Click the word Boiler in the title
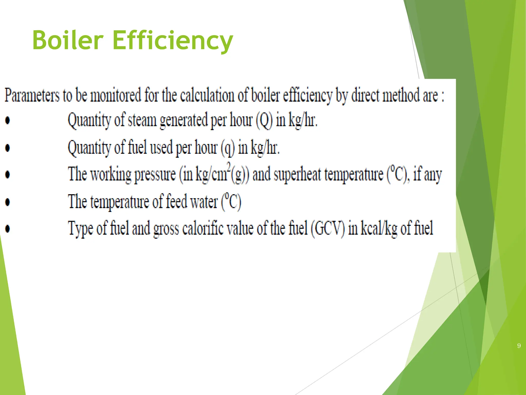(68, 40)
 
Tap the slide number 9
(519, 346)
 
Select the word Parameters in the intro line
(32, 95)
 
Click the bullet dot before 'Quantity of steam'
(8, 120)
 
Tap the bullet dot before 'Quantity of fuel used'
(8, 148)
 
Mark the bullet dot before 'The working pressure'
(8, 175)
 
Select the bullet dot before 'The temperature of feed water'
(8, 202)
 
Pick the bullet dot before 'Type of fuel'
(8, 229)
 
